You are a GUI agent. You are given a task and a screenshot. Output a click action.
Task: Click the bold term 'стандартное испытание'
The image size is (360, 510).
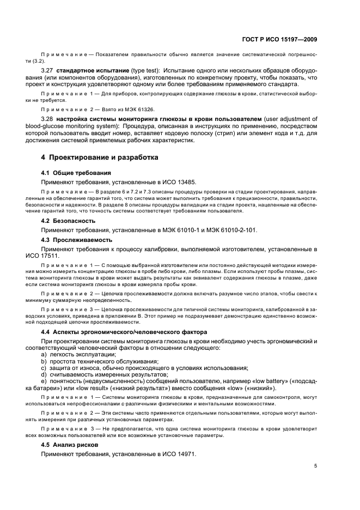point(94,71)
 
